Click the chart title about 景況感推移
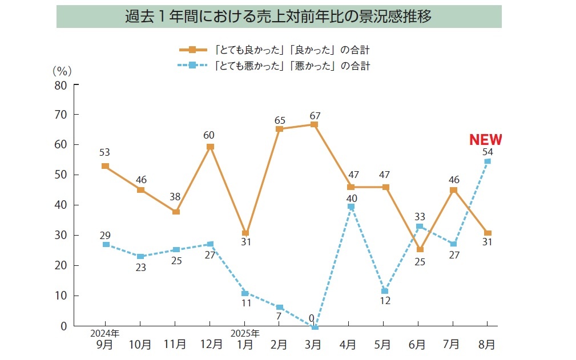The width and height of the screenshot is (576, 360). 279,16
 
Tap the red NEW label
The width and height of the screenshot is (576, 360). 485,140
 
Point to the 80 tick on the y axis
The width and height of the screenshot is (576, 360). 61,85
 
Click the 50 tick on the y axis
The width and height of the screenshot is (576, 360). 61,175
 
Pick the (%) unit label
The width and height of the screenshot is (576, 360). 62,71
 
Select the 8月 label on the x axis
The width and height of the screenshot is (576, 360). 487,344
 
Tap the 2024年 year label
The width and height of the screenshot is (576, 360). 105,333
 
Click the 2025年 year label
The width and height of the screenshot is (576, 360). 245,333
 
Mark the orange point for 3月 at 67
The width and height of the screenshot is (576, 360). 314,124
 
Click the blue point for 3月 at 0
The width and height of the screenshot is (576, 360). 314,326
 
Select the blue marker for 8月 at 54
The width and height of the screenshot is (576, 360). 488,161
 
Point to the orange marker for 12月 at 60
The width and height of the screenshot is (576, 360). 210,147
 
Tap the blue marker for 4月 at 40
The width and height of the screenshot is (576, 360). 351,207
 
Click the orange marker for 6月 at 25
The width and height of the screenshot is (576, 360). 420,249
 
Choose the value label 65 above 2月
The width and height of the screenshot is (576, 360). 280,120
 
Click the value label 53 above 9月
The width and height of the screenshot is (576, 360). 104,152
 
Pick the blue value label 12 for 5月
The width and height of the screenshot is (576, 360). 385,301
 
